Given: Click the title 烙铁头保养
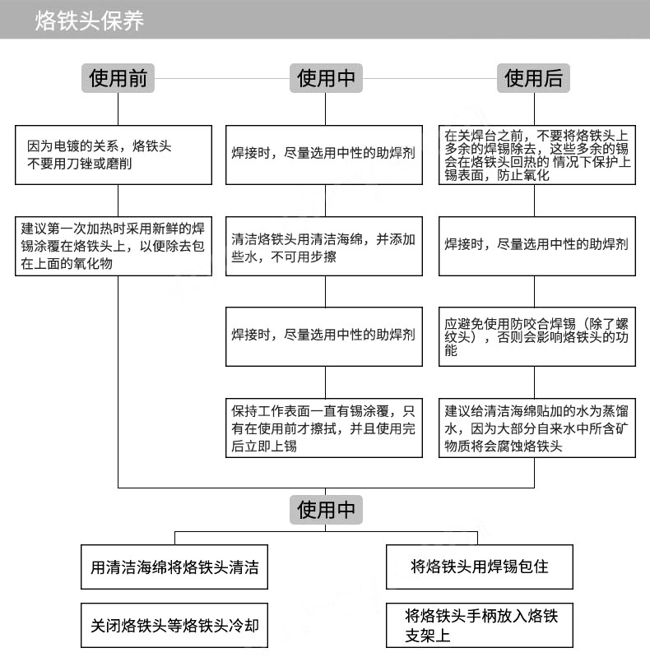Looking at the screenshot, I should tap(90, 21).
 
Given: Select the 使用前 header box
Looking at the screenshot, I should tap(118, 78).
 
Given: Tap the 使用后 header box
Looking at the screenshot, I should tap(534, 78).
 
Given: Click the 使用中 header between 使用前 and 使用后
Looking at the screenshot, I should tap(326, 78).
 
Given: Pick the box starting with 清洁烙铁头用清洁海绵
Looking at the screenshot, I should tap(324, 247).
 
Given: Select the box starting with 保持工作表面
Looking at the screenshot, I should tap(324, 428).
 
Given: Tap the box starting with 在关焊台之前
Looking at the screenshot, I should tap(536, 155).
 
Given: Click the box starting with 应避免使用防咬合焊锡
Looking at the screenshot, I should tap(536, 336).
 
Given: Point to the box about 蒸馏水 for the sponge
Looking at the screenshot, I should tap(536, 428).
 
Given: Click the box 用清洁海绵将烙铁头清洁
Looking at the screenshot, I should tap(174, 567).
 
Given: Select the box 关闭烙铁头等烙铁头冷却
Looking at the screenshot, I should tap(174, 625).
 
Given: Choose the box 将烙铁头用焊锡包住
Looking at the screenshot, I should tap(479, 567).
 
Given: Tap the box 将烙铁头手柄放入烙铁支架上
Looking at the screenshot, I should tap(479, 626).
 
